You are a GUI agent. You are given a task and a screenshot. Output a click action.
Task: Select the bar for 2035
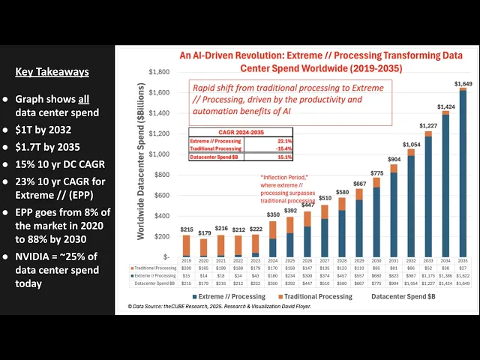(462, 172)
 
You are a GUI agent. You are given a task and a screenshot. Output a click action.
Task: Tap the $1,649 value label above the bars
(463, 83)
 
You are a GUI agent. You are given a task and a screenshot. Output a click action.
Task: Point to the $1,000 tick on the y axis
(158, 154)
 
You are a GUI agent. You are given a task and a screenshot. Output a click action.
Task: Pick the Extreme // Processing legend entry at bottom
(229, 295)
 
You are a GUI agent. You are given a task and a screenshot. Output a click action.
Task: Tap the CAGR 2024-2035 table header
(237, 132)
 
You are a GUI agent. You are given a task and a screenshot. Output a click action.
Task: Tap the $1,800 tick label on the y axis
(158, 72)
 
